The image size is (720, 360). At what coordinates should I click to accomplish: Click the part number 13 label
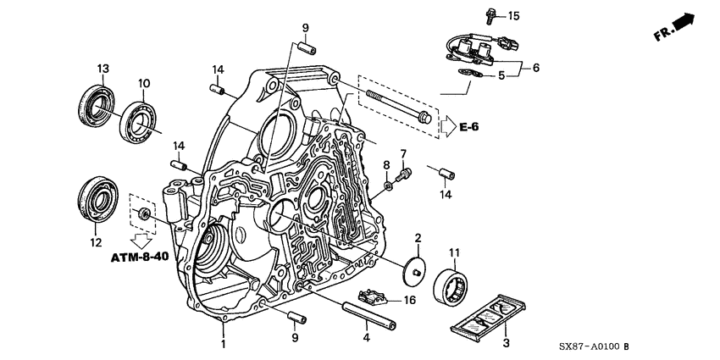[x=102, y=69]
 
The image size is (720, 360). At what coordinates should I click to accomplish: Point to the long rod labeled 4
[x=369, y=310]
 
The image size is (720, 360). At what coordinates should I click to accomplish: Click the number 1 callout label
[x=224, y=345]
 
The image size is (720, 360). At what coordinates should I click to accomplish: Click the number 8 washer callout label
[x=385, y=163]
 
